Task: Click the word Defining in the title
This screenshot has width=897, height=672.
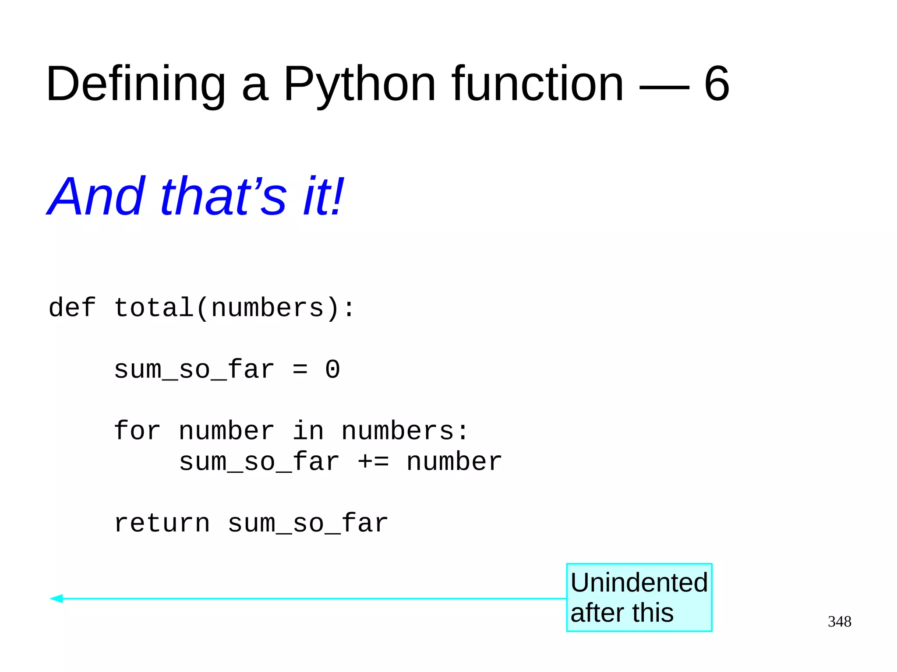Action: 135,84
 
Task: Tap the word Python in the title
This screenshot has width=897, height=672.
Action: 359,84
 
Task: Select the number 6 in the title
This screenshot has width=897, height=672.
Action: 717,84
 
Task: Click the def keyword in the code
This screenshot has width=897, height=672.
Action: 72,307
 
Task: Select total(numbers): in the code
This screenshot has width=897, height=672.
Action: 234,308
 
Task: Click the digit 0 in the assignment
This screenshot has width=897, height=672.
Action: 332,369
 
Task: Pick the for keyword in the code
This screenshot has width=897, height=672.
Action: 137,431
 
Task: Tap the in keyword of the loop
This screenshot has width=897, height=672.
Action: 308,431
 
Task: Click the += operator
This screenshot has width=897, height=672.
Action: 373,462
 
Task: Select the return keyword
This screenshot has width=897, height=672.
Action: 162,524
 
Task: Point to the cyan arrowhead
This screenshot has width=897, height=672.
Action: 57,598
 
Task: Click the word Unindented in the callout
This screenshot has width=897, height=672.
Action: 639,583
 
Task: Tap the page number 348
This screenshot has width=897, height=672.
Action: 839,622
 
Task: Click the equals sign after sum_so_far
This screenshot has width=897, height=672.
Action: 300,370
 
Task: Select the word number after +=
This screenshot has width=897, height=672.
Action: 454,462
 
